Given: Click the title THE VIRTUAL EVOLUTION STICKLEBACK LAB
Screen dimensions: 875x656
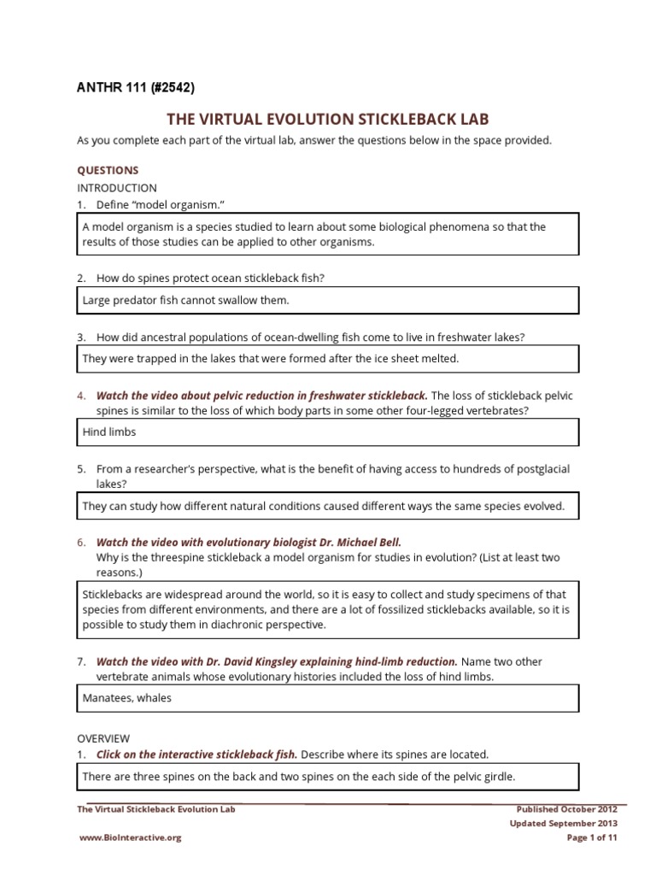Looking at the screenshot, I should point(327,119).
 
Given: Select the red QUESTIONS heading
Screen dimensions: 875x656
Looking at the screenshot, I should point(108,170).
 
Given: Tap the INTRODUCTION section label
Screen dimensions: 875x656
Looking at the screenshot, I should point(117,187).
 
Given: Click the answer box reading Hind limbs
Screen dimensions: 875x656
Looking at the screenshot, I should point(328,432).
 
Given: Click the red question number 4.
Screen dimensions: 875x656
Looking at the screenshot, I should point(81,396).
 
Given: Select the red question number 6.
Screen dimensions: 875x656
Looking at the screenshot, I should point(81,542).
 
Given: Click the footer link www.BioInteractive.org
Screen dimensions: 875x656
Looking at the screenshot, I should point(130,838).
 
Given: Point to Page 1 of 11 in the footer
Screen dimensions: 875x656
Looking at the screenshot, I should point(592,838).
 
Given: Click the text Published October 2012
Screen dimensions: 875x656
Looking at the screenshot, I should point(567,808).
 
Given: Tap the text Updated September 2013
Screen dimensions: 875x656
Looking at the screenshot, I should point(564,824).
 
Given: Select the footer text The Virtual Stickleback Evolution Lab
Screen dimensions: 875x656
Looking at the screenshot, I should point(155,808).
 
